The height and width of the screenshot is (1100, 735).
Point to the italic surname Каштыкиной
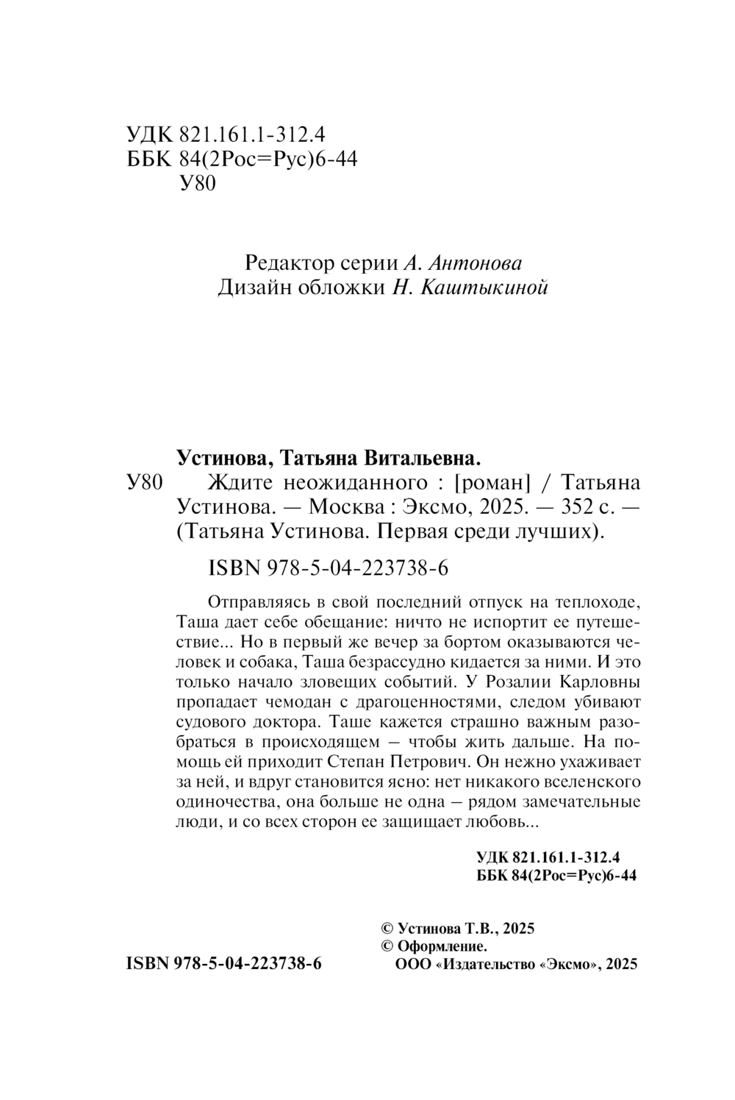pos(484,287)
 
